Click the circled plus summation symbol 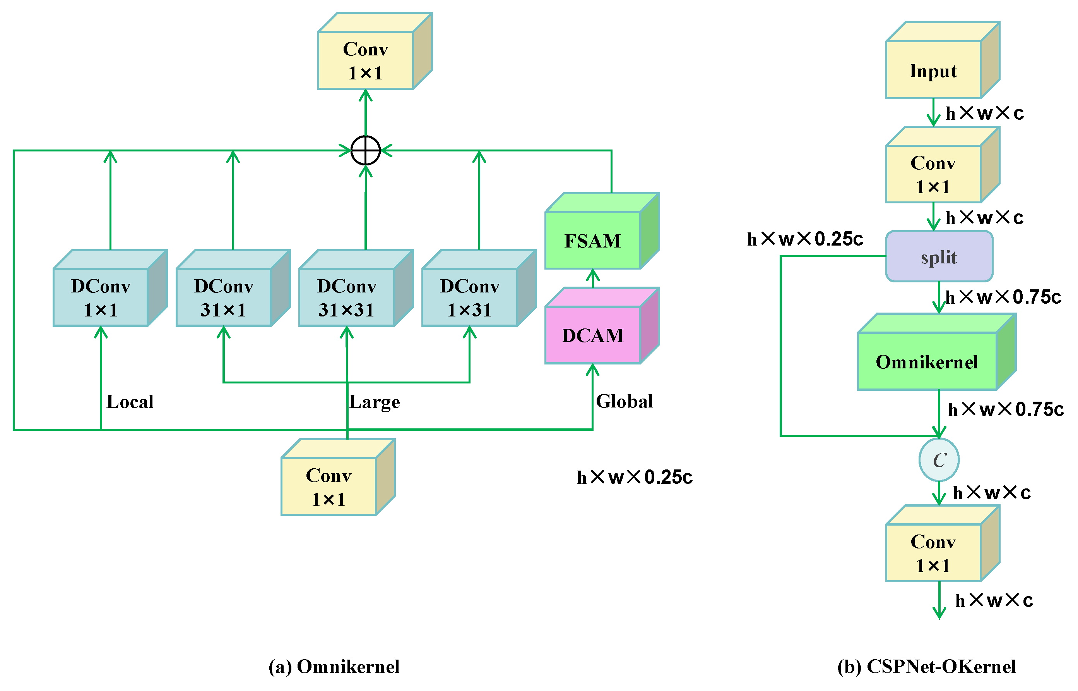(365, 150)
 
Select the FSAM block (592, 241)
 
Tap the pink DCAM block (592, 335)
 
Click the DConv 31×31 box (346, 297)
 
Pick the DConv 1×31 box (469, 297)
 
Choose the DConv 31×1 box (223, 297)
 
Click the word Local (130, 402)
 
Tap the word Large (374, 402)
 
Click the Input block (933, 70)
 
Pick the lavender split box (939, 257)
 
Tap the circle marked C (939, 460)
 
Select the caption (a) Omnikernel (334, 667)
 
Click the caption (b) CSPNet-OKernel (926, 667)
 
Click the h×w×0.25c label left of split (804, 239)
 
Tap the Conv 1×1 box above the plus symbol (365, 60)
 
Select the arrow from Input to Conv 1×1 (933, 113)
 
